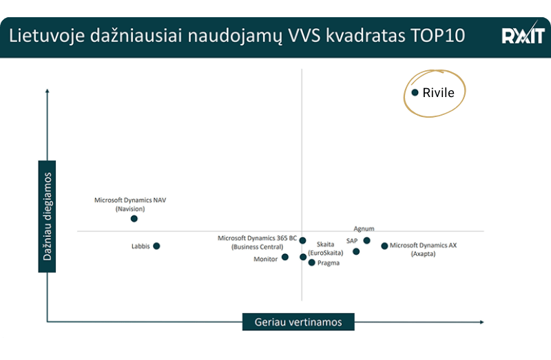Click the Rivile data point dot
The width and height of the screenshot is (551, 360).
point(415,92)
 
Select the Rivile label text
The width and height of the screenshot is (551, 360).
point(439,93)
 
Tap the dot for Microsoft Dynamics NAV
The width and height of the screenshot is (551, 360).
point(134,219)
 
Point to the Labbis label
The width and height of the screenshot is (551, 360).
point(141,246)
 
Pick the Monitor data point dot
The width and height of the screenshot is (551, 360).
point(285,257)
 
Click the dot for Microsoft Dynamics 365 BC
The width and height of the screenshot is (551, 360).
point(303,241)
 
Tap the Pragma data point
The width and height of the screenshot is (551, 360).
point(311,262)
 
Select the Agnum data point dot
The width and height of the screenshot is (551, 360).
point(366,241)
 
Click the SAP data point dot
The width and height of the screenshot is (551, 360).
point(356,251)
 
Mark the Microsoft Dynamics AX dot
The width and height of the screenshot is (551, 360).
point(384,246)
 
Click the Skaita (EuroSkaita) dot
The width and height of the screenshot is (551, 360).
point(303,257)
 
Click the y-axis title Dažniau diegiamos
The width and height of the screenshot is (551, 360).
point(48,217)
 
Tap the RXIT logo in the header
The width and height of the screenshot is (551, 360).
point(522,35)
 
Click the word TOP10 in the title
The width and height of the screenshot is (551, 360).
point(439,35)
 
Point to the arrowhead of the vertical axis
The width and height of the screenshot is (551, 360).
point(47,89)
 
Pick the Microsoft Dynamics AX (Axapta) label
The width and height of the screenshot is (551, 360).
point(424,249)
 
